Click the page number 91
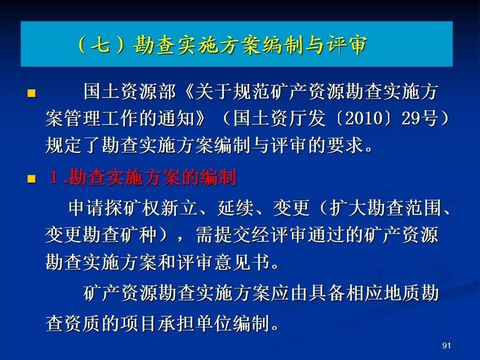click(x=446, y=345)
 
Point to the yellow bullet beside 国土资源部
click(x=31, y=93)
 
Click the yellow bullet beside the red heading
click(x=31, y=179)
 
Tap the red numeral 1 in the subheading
click(x=54, y=177)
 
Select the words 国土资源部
click(x=129, y=91)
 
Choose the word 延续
click(x=235, y=208)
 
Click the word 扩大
click(x=348, y=208)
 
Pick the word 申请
click(x=86, y=208)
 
